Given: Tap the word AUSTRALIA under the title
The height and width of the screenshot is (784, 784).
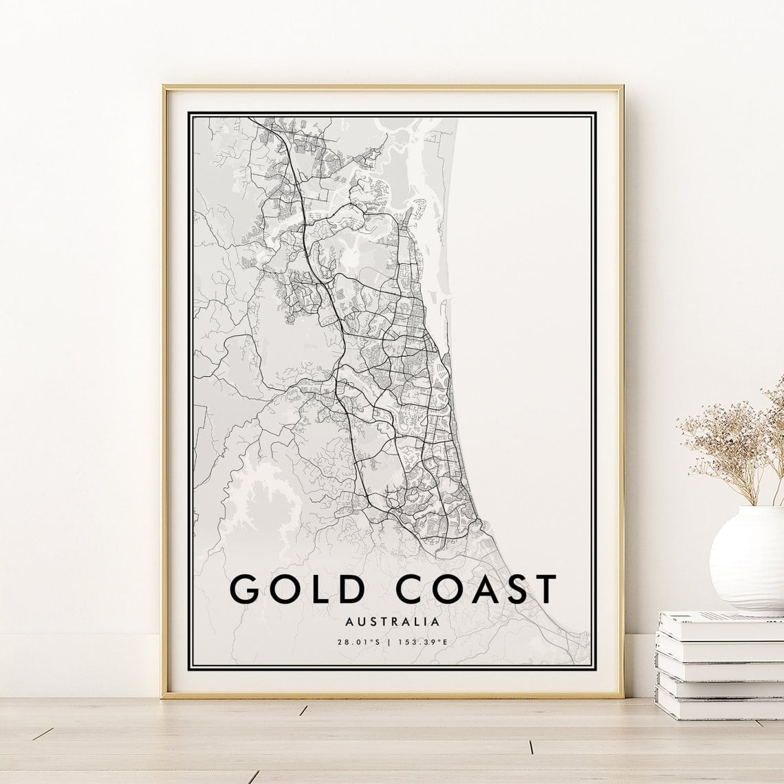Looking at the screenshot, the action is point(393,621).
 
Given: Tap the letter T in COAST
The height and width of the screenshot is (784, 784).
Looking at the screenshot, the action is point(543,589).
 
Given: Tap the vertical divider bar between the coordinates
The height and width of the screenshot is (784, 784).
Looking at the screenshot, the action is point(391,642).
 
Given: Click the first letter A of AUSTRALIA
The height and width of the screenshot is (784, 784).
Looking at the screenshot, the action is point(353,621).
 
